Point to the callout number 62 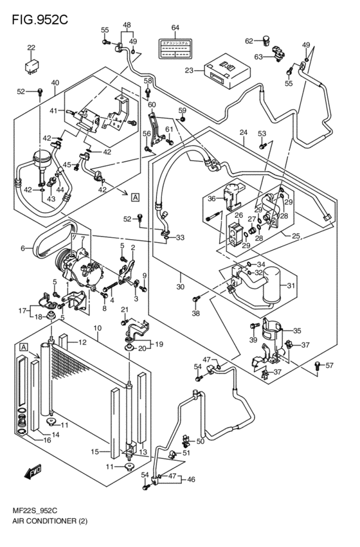249,41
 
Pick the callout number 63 258,57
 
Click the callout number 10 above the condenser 98,329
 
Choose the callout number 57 330,366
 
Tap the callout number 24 243,133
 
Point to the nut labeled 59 183,120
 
